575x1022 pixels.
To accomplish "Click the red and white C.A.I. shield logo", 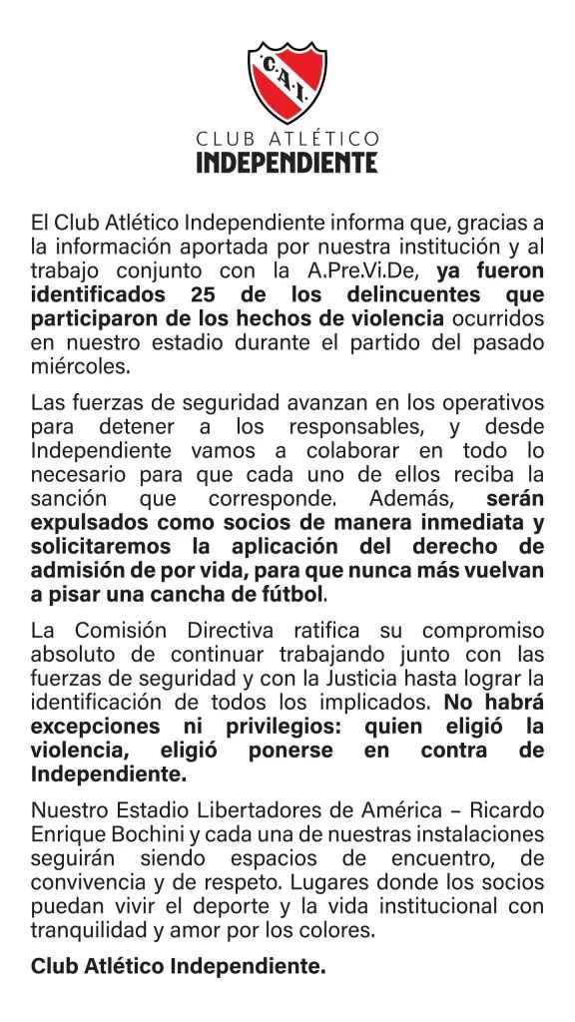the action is point(287,80).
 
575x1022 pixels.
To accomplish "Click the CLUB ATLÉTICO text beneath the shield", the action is point(287,137).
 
